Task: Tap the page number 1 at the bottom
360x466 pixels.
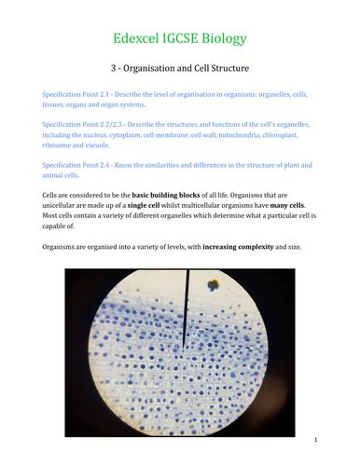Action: [316, 439]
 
